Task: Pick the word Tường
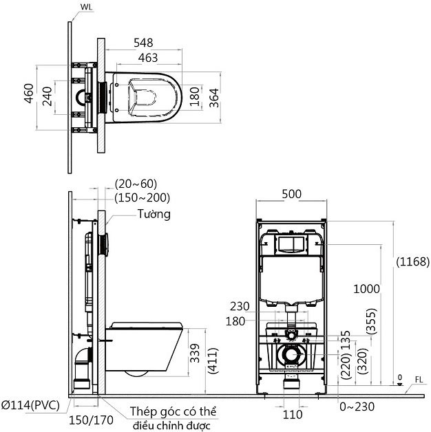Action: point(154,214)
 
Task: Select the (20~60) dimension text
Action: point(136,184)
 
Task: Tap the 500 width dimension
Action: point(292,195)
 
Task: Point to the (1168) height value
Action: point(413,261)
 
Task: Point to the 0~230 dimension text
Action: point(358,407)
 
